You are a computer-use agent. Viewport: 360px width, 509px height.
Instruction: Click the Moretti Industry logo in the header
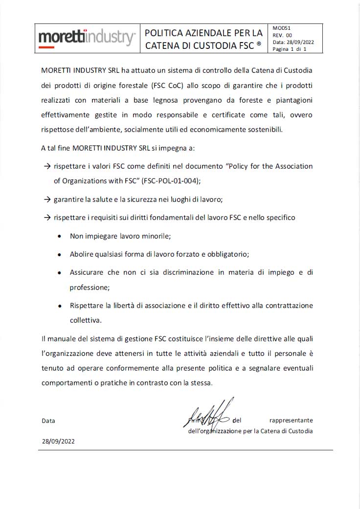click(x=87, y=38)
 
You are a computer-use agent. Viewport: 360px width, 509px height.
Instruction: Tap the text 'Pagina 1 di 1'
click(x=289, y=49)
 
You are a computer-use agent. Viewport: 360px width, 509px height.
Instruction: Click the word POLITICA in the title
click(x=166, y=33)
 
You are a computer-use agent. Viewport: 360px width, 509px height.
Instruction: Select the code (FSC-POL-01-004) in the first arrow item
click(x=170, y=180)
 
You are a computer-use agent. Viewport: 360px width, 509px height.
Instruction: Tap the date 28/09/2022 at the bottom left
click(x=58, y=441)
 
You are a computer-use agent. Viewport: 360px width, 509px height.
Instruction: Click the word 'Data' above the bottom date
click(x=48, y=420)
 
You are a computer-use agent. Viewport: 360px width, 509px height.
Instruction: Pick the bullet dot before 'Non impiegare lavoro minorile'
click(x=59, y=236)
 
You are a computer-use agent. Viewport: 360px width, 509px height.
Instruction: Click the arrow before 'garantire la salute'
click(x=47, y=199)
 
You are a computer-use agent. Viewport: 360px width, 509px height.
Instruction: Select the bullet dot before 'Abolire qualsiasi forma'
click(x=59, y=255)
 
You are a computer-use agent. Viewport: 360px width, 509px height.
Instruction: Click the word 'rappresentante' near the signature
click(x=291, y=420)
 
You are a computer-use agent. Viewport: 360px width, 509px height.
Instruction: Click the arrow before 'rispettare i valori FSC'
click(x=47, y=166)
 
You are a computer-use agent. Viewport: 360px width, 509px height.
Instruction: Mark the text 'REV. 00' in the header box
click(x=282, y=35)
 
